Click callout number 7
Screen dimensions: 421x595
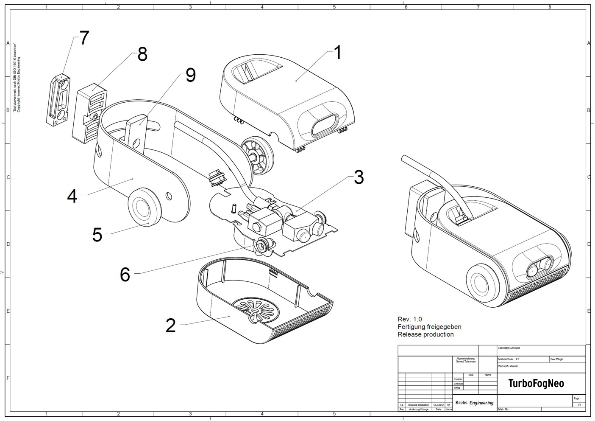84,38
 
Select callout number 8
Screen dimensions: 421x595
142,54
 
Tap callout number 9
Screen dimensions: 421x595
191,75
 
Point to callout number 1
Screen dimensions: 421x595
337,53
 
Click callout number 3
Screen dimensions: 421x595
359,177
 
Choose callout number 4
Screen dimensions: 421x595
72,196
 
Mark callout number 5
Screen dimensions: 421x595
97,235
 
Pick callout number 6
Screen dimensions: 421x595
125,275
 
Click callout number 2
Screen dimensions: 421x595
170,326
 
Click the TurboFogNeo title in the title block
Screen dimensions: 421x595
536,384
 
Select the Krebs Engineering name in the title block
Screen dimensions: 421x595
474,403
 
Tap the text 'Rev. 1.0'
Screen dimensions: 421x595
409,319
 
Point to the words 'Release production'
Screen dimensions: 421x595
425,334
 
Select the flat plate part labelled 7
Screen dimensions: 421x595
58,100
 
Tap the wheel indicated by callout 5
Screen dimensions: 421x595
145,208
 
